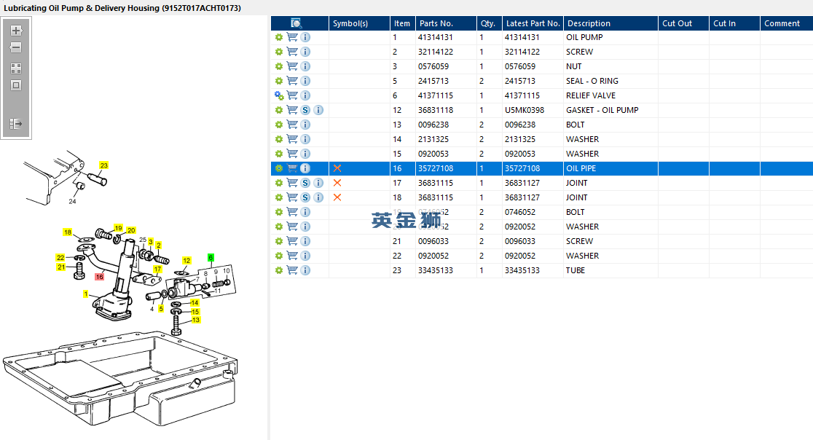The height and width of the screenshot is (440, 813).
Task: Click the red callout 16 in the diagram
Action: pos(100,277)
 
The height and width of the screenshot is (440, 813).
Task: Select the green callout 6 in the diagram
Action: pos(211,257)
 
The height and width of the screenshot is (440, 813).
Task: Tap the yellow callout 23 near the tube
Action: pos(103,165)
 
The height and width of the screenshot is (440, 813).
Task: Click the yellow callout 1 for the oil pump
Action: pos(86,294)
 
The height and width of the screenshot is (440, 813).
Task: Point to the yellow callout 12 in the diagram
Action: pos(186,260)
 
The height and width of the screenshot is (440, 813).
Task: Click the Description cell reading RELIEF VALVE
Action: pos(590,95)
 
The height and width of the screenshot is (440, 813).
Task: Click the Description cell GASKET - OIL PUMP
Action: pos(602,110)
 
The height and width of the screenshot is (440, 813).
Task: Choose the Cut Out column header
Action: pos(677,23)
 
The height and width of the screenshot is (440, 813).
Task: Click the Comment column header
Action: pos(782,23)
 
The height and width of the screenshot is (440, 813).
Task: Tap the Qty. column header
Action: pos(487,23)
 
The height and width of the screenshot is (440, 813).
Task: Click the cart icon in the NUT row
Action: pos(292,66)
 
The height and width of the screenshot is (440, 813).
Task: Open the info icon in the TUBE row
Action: pos(305,270)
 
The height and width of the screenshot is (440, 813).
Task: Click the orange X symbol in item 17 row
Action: pos(337,183)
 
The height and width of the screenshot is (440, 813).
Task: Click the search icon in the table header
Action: pos(296,23)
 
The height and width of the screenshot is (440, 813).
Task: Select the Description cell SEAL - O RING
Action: pos(592,81)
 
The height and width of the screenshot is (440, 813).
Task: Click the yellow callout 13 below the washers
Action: pos(195,320)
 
